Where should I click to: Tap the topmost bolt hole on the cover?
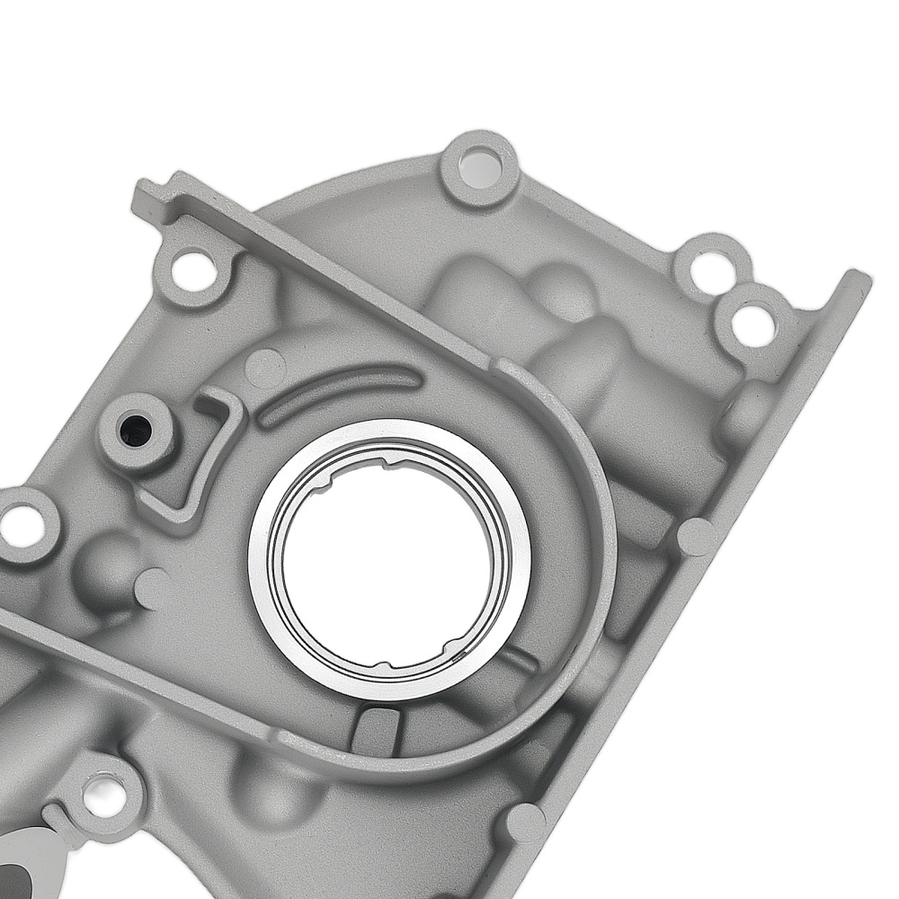(478, 168)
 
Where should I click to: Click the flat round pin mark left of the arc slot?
(264, 367)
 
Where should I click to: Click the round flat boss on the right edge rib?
(697, 537)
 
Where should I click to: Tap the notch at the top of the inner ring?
(388, 464)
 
